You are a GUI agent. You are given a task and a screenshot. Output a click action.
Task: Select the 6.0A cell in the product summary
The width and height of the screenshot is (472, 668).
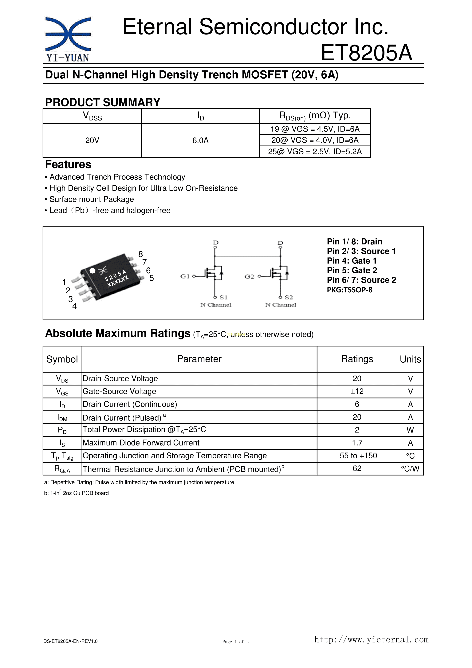click(200, 140)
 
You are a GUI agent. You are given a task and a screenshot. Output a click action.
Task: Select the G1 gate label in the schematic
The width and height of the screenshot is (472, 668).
click(185, 276)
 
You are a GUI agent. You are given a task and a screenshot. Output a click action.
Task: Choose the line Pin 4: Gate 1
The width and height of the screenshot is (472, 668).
click(352, 261)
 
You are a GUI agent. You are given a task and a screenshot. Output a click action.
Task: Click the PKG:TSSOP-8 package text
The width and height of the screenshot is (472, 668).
click(350, 290)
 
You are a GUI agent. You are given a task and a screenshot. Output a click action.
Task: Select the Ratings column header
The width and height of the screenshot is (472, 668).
click(357, 359)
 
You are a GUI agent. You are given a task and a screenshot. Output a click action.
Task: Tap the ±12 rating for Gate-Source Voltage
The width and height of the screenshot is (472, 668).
click(357, 391)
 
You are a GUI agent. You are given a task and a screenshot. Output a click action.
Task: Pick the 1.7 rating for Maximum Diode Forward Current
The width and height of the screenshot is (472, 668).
click(357, 443)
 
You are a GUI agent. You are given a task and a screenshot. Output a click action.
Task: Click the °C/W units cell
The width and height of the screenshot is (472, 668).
click(410, 469)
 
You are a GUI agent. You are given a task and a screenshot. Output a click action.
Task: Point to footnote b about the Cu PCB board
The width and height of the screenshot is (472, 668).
click(77, 493)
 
